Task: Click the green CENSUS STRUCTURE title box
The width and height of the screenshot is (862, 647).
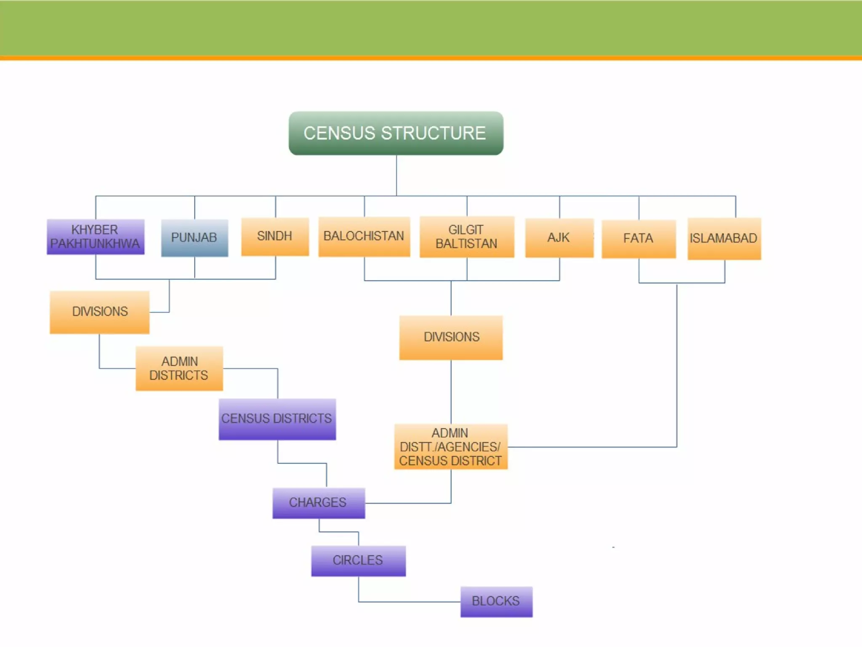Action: [396, 133]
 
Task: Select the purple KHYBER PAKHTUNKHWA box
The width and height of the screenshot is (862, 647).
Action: [96, 237]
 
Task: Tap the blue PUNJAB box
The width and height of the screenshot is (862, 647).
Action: [194, 238]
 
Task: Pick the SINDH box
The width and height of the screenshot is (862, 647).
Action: [275, 236]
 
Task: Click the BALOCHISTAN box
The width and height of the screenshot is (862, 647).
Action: [364, 236]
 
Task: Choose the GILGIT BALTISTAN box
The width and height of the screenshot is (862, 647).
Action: [467, 237]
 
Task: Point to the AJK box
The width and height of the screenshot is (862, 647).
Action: [559, 238]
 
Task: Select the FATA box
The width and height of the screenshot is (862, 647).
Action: [639, 238]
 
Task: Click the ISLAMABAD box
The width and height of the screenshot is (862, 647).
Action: [724, 238]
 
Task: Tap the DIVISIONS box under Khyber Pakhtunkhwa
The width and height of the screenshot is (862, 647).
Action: [100, 312]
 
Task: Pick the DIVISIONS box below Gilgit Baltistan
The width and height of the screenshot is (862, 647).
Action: [451, 337]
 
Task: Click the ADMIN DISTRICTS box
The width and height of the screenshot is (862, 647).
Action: [179, 369]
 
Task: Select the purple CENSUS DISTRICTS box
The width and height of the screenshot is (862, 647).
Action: [277, 419]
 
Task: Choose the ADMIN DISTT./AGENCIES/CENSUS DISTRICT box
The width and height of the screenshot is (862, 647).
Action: [451, 447]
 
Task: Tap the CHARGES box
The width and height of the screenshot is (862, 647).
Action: [319, 503]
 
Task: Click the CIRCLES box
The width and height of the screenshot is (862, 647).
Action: [358, 560]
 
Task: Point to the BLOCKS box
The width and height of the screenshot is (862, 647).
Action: [496, 601]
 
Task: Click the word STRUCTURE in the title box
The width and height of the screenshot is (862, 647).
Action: [434, 133]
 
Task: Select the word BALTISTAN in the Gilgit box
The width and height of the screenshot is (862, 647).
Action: [466, 244]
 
